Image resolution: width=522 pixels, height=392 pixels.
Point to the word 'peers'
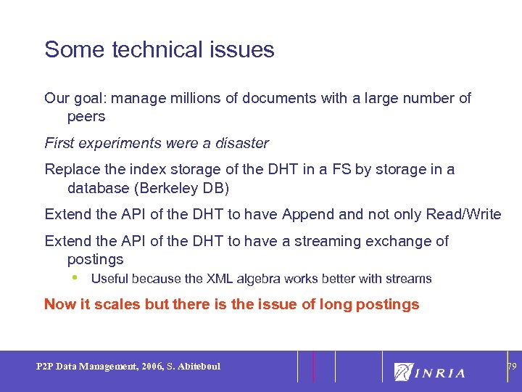coord(86,116)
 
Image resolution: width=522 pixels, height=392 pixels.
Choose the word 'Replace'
coord(70,169)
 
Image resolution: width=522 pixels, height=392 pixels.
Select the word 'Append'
coord(309,214)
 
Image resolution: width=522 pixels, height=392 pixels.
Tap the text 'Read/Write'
coord(463,214)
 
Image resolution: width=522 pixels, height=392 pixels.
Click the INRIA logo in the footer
coord(430,372)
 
